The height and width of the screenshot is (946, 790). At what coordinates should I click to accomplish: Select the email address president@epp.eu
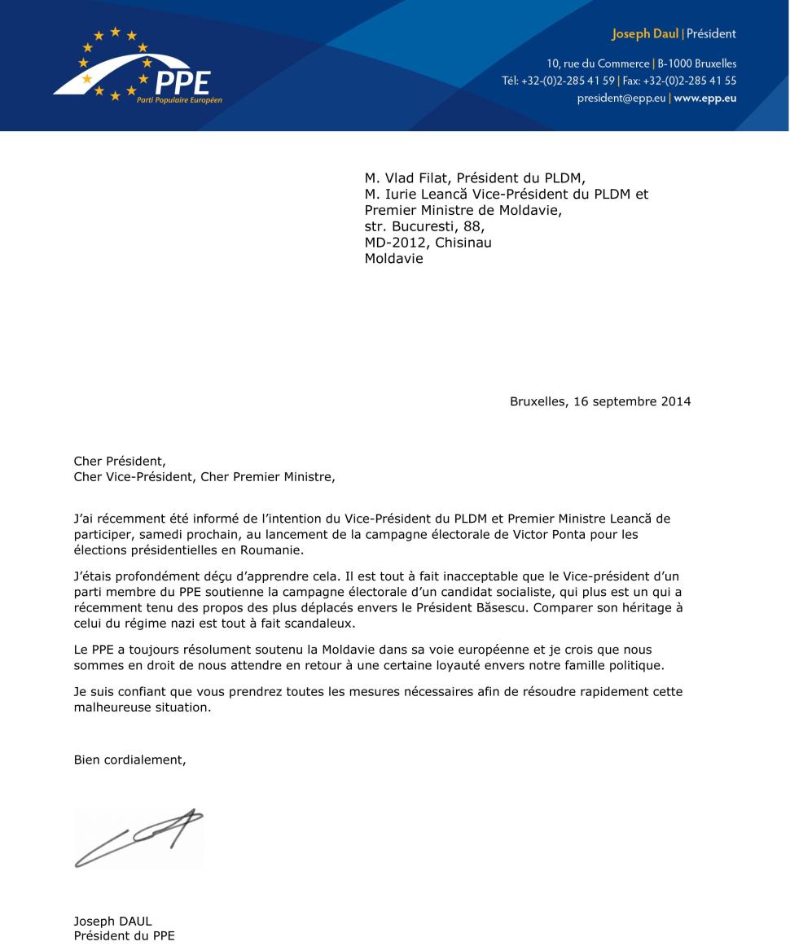621,98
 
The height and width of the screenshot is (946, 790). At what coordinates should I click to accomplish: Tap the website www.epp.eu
705,98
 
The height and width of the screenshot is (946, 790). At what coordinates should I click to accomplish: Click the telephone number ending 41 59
569,81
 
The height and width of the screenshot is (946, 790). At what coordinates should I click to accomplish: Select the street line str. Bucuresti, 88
424,226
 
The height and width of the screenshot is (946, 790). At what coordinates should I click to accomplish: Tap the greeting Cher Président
119,462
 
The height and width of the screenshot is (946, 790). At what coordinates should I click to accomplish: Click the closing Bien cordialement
129,760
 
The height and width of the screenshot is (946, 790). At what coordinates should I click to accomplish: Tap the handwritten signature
138,836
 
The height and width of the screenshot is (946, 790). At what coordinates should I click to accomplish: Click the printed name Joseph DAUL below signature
112,922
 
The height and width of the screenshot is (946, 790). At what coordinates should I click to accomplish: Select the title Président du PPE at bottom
124,936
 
